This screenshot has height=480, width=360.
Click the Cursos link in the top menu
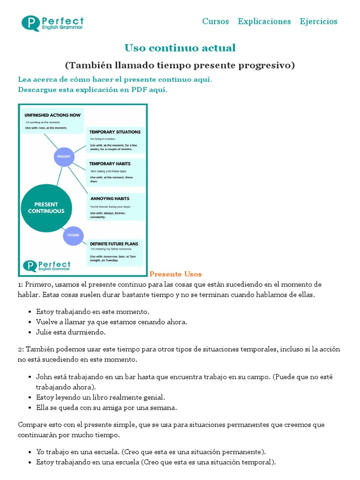click(x=216, y=22)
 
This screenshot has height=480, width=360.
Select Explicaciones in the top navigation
click(x=264, y=22)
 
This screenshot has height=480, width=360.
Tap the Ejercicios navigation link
click(x=319, y=22)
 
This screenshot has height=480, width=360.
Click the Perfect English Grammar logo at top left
click(x=52, y=23)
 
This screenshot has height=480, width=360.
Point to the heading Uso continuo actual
click(x=180, y=48)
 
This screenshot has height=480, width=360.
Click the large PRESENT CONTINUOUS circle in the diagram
click(x=46, y=208)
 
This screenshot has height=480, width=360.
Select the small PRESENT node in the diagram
click(x=64, y=156)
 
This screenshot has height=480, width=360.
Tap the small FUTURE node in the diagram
click(x=73, y=235)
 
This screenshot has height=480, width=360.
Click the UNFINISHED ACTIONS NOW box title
click(x=52, y=115)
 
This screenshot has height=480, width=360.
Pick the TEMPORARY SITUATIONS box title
click(x=115, y=132)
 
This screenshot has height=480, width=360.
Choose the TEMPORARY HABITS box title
click(x=110, y=164)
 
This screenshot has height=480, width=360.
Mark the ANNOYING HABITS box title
click(x=109, y=199)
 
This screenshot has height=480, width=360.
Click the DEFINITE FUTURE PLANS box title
click(x=114, y=244)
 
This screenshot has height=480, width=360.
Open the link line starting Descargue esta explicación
click(x=93, y=90)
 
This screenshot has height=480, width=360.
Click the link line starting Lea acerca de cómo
click(x=115, y=80)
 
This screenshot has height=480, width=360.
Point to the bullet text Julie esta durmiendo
click(x=71, y=332)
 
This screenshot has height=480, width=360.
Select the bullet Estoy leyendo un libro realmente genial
click(x=100, y=397)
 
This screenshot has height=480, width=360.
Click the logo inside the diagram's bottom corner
click(x=47, y=266)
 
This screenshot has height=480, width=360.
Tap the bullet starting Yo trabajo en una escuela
click(x=151, y=452)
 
